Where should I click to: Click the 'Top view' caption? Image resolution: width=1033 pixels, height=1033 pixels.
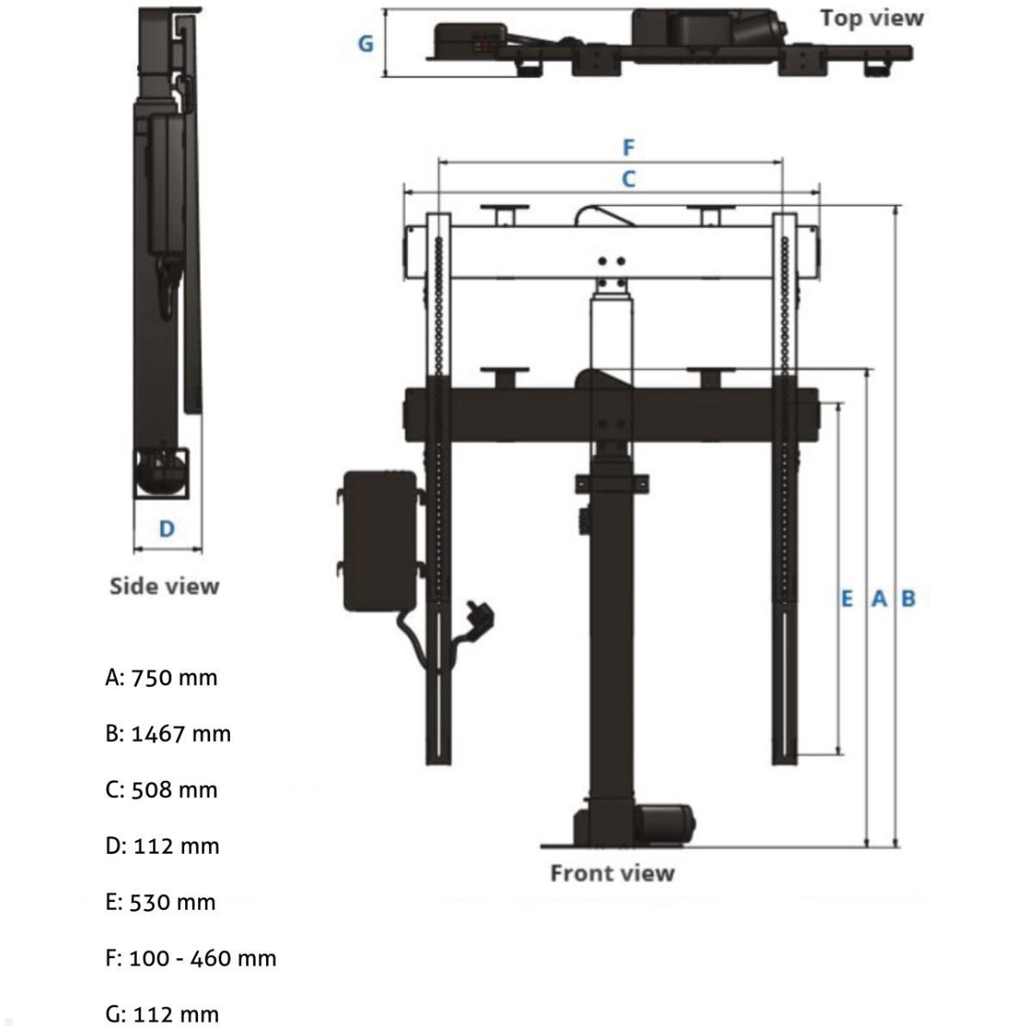[x=871, y=18]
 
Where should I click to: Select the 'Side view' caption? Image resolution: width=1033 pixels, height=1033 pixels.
[x=164, y=586]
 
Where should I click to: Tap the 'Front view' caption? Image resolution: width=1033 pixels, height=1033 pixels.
[x=612, y=873]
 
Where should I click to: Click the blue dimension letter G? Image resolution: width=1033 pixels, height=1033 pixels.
[x=366, y=43]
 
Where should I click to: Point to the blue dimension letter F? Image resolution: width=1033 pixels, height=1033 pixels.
[x=628, y=147]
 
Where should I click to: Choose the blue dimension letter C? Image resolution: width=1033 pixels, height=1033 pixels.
[x=628, y=179]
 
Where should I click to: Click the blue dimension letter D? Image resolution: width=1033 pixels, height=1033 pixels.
[x=167, y=529]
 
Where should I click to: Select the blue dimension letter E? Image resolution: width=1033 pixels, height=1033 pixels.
[x=847, y=598]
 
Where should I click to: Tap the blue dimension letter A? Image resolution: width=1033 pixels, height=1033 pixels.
[x=879, y=598]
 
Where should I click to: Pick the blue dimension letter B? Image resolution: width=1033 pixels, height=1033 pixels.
[x=908, y=598]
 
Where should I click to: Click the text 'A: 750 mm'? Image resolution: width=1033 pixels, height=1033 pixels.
[x=161, y=677]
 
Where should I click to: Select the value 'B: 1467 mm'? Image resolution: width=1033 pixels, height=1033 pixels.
[x=168, y=733]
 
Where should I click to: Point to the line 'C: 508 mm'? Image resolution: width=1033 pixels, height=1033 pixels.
[x=161, y=789]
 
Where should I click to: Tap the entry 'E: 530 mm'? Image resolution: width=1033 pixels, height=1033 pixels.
[x=160, y=901]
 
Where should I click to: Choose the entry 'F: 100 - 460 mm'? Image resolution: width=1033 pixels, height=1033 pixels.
[x=190, y=957]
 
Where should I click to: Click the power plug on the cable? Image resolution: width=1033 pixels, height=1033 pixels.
[x=478, y=618]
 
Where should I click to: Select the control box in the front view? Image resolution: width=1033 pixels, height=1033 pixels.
[x=379, y=540]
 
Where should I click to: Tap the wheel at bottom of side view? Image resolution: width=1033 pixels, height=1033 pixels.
[x=160, y=473]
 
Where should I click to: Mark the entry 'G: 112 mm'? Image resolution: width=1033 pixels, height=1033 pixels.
[x=161, y=1014]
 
